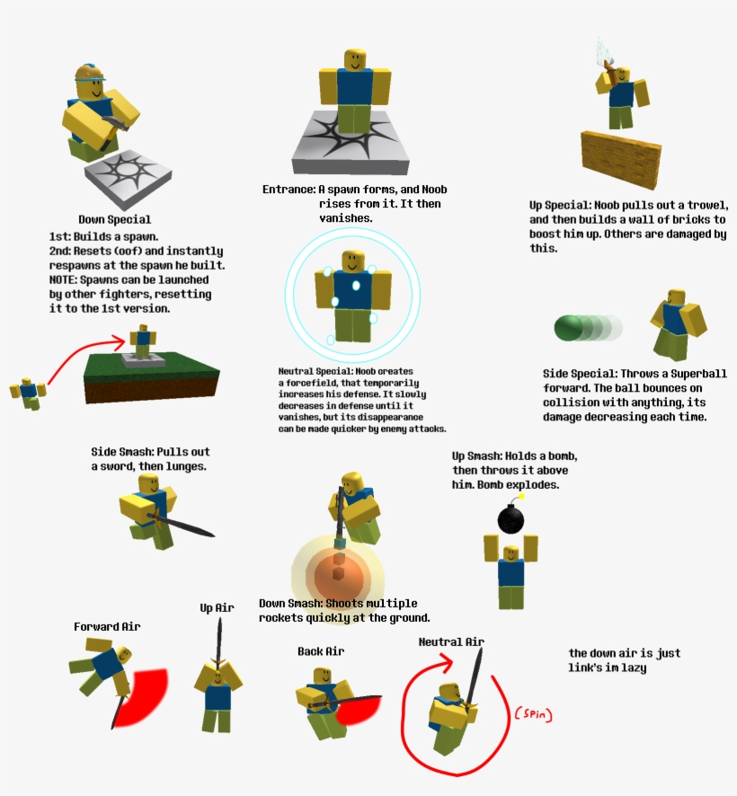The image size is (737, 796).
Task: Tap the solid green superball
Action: coord(569,328)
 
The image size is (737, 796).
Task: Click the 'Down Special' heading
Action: coord(114,219)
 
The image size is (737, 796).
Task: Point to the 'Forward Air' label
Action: coord(107,626)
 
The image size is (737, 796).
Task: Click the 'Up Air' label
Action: coord(217,608)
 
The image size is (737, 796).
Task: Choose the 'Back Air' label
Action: coord(320,650)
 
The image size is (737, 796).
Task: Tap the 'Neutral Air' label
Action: coord(451,641)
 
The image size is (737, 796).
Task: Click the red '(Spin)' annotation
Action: coord(532,715)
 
